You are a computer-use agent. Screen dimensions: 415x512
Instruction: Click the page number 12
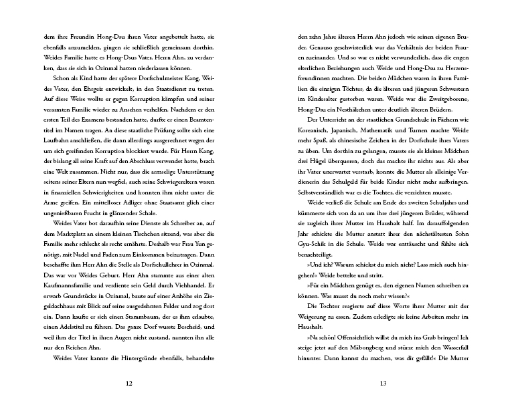click(x=129, y=383)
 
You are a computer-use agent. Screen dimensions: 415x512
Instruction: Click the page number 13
click(x=383, y=383)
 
